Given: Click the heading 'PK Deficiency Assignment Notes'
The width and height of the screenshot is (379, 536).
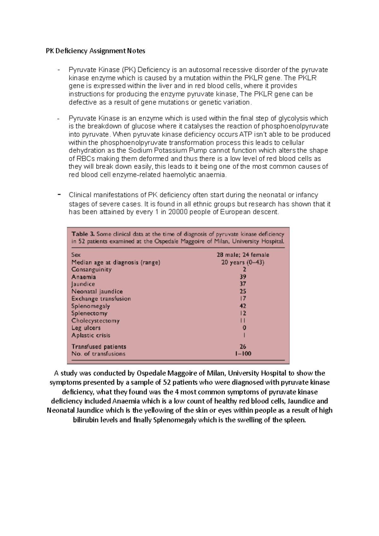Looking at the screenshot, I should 95,51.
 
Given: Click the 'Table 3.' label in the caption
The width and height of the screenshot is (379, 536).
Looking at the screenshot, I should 83,234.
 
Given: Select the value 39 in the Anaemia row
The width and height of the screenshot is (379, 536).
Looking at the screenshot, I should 243,277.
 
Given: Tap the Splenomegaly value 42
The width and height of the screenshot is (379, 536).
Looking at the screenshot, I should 243,306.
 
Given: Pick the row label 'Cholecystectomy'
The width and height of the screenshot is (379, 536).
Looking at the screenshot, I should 95,321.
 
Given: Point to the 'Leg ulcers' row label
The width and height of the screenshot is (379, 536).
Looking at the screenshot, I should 86,328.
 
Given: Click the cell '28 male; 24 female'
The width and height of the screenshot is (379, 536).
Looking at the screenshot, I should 243,255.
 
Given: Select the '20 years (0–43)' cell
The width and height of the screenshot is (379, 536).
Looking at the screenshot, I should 243,262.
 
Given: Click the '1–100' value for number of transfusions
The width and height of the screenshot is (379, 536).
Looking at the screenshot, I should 243,354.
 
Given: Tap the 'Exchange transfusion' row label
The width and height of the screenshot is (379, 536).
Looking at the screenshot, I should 101,299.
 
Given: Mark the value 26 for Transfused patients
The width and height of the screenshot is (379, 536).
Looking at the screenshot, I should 243,347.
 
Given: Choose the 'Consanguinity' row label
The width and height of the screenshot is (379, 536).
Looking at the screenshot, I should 91,270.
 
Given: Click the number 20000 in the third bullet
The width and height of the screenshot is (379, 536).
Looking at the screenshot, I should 178,212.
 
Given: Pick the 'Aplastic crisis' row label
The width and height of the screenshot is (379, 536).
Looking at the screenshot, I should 91,335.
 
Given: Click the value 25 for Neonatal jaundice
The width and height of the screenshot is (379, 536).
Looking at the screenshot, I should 243,291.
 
